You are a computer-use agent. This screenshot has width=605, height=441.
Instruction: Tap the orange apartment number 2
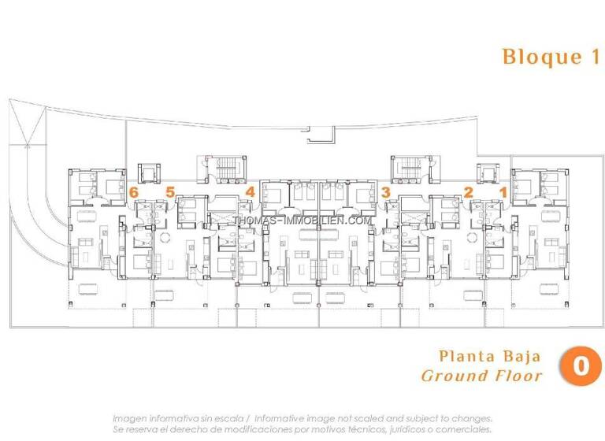469,191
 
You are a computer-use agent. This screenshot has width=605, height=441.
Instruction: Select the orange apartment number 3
385,191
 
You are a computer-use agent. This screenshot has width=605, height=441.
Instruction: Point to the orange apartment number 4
251,191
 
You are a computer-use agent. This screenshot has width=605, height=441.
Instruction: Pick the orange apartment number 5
169,191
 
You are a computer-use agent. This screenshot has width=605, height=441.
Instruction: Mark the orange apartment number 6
134,191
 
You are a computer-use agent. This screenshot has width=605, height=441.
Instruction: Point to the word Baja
521,356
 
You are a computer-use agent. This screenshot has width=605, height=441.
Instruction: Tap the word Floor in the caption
517,376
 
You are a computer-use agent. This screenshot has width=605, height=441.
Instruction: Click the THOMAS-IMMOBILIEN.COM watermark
302,220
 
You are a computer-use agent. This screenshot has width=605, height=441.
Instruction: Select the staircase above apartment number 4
220,169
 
